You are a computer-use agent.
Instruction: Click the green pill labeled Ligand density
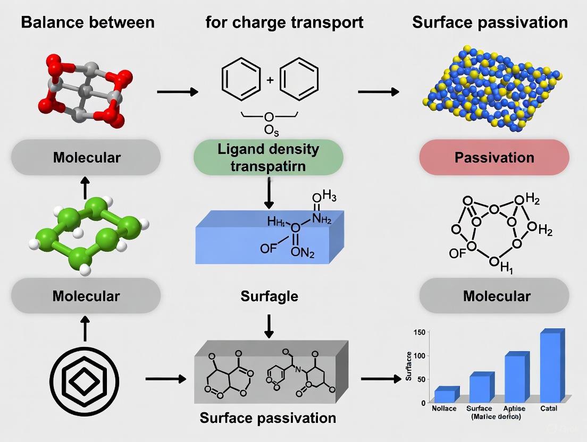point(268,157)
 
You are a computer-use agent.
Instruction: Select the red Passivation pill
point(494,157)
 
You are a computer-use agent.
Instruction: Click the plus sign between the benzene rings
point(270,80)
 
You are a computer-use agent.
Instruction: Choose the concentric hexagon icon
point(86,380)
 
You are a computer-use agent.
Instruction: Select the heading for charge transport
point(284,22)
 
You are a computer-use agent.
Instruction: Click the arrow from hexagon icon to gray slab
point(165,379)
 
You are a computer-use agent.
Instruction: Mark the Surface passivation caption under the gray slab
point(268,418)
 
